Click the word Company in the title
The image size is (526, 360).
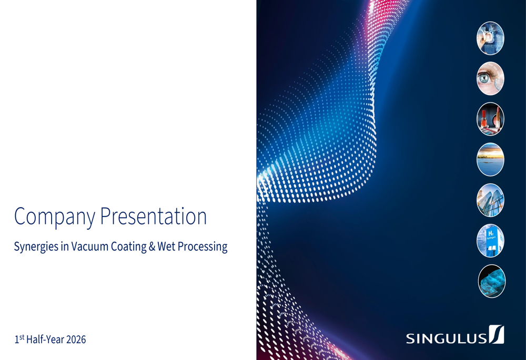55,217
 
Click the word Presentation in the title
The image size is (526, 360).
154,216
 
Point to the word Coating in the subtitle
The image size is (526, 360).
129,246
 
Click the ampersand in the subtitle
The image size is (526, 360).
152,246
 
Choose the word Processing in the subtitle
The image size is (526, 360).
203,246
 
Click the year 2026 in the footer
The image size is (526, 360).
76,340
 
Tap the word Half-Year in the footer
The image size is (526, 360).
45,340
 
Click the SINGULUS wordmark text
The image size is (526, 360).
446,338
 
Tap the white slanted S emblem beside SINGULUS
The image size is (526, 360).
497,334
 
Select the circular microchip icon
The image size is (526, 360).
490,38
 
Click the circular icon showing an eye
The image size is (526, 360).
490,78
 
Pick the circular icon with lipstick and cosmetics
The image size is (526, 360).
490,119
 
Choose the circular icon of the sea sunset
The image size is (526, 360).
490,160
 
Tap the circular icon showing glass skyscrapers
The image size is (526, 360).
490,200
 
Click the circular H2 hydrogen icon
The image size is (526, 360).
490,241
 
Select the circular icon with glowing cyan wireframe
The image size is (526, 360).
492,281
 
